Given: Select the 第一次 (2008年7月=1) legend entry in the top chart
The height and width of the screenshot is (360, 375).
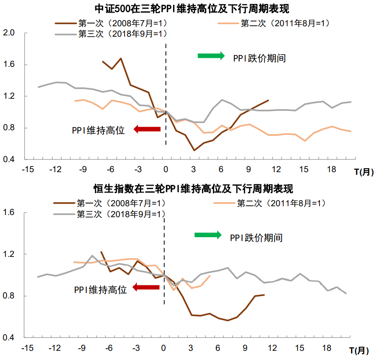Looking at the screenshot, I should pyautogui.click(x=115, y=23).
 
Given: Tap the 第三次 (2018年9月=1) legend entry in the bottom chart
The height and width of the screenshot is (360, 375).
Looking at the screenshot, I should pyautogui.click(x=114, y=214).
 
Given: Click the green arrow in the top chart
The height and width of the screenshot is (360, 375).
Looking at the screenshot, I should pyautogui.click(x=211, y=55).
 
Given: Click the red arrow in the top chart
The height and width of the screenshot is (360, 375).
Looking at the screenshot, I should pyautogui.click(x=147, y=129).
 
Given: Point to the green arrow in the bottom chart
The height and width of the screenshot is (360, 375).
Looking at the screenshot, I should pyautogui.click(x=208, y=235).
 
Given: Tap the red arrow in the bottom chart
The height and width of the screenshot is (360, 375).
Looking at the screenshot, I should pyautogui.click(x=146, y=287).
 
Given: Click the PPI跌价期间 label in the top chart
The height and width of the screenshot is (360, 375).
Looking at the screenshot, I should pyautogui.click(x=260, y=58).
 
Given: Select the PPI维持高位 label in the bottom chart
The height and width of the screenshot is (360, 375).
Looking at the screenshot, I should pyautogui.click(x=100, y=290).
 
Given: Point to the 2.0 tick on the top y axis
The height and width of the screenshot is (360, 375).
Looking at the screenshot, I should pyautogui.click(x=9, y=33).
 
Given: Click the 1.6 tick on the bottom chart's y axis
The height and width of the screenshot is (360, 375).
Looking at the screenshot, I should pyautogui.click(x=9, y=213).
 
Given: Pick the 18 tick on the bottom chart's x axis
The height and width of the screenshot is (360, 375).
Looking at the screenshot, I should pyautogui.click(x=327, y=348).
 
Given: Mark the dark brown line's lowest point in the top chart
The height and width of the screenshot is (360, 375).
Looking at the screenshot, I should pyautogui.click(x=194, y=150).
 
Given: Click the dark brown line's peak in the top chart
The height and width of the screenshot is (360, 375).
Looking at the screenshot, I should pyautogui.click(x=121, y=59).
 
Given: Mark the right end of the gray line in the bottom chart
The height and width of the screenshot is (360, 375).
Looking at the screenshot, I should pyautogui.click(x=346, y=294).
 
